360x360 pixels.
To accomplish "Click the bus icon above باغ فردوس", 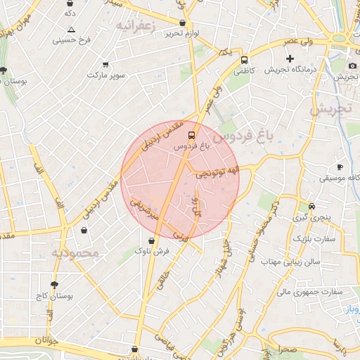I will (x=191, y=134).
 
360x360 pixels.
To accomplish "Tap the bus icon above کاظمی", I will (x=244, y=60).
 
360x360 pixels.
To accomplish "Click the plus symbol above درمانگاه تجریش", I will (x=290, y=58).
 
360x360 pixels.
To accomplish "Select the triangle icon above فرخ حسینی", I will (x=71, y=30).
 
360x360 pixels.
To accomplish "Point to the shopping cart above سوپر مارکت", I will (x=105, y=64).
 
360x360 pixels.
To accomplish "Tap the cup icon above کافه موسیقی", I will (x=340, y=167).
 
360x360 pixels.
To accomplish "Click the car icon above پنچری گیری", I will (x=311, y=207).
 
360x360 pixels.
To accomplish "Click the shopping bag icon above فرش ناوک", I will (x=152, y=240).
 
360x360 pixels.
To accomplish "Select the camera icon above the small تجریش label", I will (x=352, y=65).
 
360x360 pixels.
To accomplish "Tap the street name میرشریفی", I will (x=145, y=209).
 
